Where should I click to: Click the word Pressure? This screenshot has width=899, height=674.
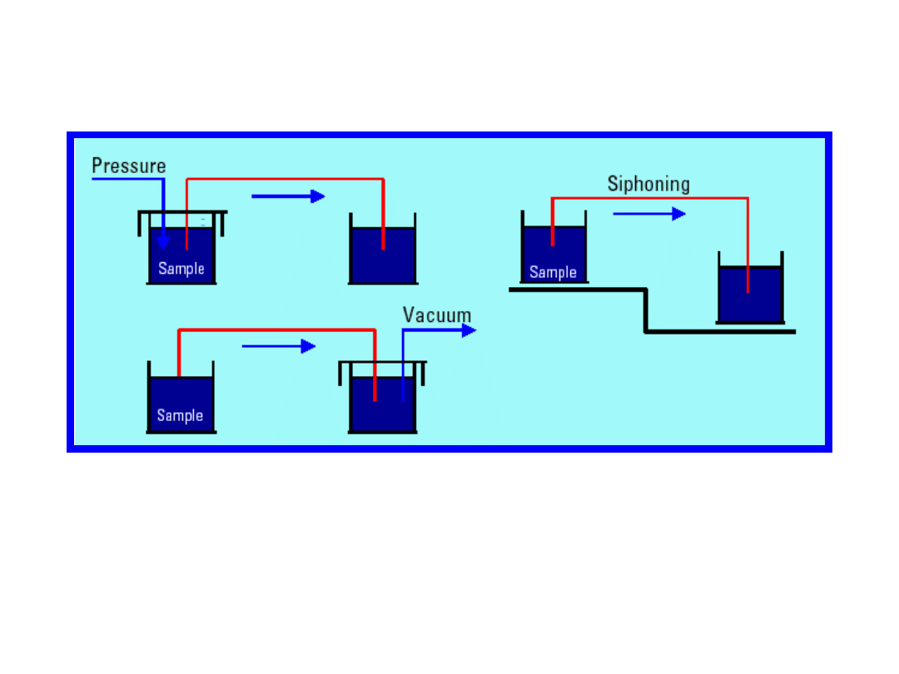129,166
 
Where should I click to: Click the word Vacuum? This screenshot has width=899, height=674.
437,315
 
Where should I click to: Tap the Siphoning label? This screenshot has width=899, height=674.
648,184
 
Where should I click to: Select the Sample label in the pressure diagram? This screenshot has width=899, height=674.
181,269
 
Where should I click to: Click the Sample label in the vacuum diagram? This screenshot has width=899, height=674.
180,415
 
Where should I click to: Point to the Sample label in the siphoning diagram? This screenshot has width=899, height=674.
553,272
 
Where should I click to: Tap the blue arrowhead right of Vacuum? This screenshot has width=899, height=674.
469,330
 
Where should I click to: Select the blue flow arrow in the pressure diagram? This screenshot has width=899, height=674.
287,196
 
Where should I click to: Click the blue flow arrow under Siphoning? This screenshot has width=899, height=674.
648,214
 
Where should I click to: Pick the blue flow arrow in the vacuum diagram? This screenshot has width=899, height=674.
278,346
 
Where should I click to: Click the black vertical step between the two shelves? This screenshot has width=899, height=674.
646,310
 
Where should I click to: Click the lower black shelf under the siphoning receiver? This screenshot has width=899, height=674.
721,331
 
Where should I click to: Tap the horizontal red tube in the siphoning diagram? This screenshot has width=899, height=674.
649,198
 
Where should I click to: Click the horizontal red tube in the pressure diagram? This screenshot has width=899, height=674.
284,179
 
